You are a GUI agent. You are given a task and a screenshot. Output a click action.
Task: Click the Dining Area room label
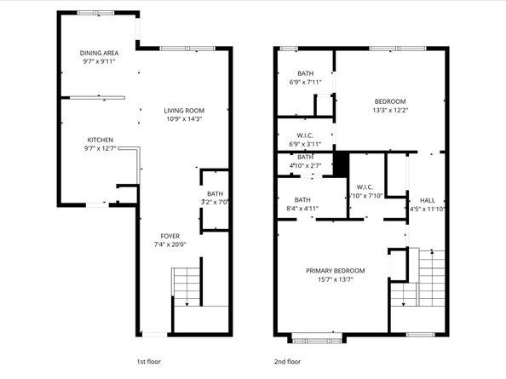coord(99,52)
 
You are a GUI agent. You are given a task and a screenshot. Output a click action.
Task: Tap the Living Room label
coord(184,110)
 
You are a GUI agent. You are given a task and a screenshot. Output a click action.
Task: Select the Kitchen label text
coord(101,141)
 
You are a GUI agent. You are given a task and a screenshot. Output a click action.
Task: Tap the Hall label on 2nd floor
coord(427,200)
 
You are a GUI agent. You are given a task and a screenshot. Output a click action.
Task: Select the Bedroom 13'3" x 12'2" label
coord(389,106)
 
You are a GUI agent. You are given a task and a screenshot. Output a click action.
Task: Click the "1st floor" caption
coord(150,361)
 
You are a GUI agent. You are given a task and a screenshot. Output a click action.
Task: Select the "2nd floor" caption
coord(287,361)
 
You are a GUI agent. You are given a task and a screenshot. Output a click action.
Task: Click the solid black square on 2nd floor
coord(341,163)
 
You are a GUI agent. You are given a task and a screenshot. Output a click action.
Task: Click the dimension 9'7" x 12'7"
coord(101,150)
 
